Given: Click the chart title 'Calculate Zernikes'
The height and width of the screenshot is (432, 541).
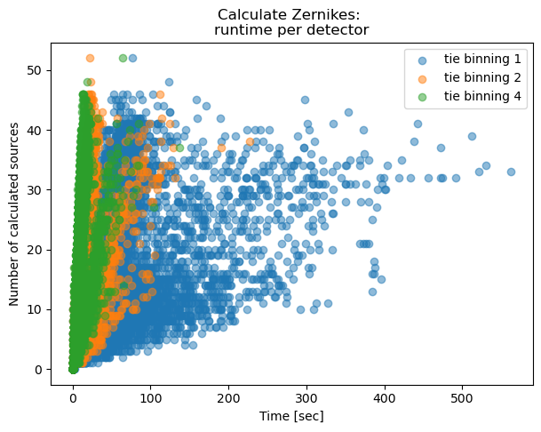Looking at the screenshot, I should (291, 13).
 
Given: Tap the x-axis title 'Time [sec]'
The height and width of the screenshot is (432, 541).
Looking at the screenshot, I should (291, 415).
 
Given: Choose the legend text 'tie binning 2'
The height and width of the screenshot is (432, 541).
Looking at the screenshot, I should (481, 78).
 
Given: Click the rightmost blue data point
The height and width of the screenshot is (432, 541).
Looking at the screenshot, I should (511, 172).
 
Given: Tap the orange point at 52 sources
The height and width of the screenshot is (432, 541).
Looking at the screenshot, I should (90, 58).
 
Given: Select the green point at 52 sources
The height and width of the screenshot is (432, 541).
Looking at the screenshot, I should (123, 58).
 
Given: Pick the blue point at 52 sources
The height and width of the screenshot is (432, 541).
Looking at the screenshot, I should (132, 58).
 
